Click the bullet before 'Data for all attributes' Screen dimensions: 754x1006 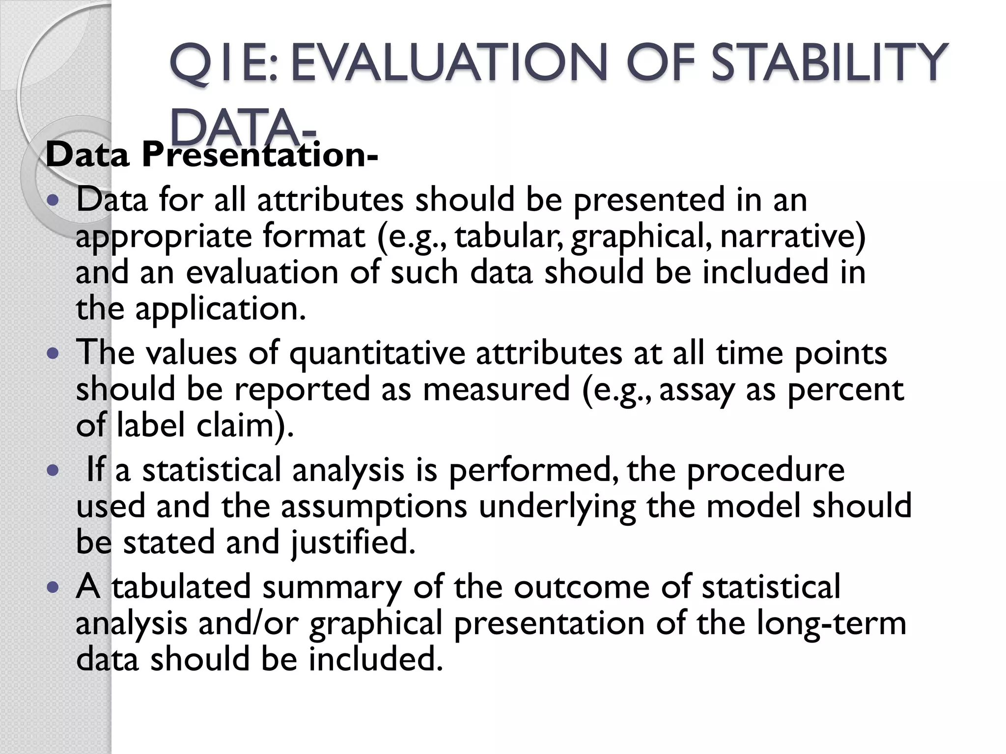pyautogui.click(x=54, y=201)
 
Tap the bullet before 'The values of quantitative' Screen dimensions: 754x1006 pyautogui.click(x=54, y=353)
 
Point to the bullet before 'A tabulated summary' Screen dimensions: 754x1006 pyautogui.click(x=54, y=587)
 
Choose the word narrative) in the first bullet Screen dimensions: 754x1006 pyautogui.click(x=792, y=236)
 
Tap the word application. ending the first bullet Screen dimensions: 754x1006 pyautogui.click(x=221, y=309)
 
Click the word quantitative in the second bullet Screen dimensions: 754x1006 pyautogui.click(x=377, y=353)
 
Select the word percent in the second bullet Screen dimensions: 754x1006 pyautogui.click(x=845, y=389)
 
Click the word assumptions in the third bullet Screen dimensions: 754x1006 pyautogui.click(x=374, y=506)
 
